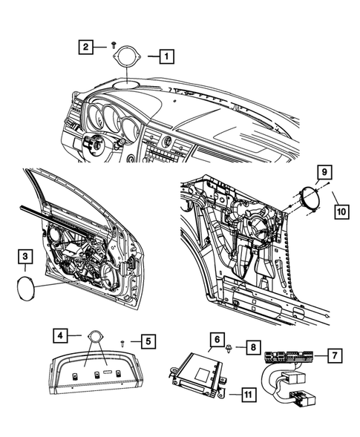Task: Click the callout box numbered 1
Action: [166, 56]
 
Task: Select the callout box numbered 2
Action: [85, 47]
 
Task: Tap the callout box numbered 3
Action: [25, 257]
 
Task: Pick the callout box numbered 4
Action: [61, 335]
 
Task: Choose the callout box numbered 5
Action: [148, 341]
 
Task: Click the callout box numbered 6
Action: [217, 340]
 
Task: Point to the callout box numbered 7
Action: [335, 355]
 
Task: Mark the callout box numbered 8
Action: [253, 347]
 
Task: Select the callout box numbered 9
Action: [324, 172]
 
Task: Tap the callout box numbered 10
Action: [341, 211]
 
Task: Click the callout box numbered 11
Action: [248, 395]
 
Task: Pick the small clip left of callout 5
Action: [122, 344]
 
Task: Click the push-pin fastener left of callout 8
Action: [229, 349]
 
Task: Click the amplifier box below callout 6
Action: [197, 374]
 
